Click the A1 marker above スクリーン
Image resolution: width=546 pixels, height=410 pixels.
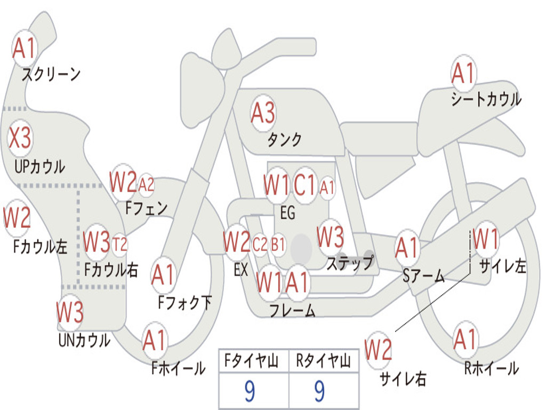point(24,48)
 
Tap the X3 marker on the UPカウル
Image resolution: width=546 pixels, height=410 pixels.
point(20,138)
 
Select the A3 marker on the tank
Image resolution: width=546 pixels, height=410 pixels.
point(263,113)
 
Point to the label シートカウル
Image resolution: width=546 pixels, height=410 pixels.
point(486,99)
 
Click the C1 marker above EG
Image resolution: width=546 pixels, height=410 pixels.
point(304,185)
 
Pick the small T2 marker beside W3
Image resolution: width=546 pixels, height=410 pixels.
point(119,244)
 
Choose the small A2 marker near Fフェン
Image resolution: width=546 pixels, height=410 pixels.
point(146,185)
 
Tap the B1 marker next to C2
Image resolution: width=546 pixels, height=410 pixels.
point(278,245)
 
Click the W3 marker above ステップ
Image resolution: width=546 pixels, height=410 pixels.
point(330,237)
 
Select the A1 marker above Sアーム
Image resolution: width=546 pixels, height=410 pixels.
point(407,248)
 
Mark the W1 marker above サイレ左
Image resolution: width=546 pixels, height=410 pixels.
point(485,239)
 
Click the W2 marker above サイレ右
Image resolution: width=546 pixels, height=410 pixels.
point(378,350)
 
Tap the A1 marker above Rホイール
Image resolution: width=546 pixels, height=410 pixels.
point(465,339)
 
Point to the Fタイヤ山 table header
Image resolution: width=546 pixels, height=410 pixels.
point(252,360)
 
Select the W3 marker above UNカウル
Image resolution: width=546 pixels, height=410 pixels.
point(70,312)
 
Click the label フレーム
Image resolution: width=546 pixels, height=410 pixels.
point(293,310)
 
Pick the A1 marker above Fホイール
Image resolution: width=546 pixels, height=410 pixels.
point(154,340)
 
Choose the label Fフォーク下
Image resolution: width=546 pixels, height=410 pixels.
point(184,303)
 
